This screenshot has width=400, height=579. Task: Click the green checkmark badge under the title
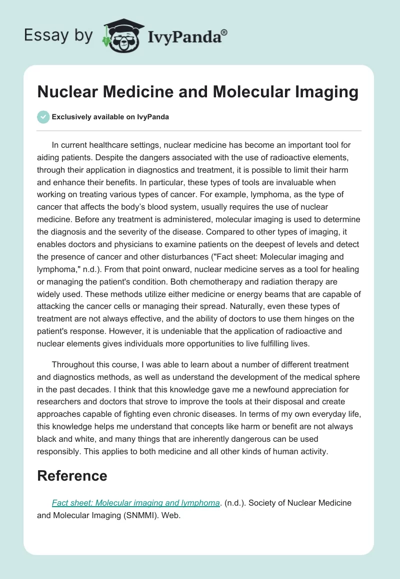43,117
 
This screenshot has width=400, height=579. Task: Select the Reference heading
72,476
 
